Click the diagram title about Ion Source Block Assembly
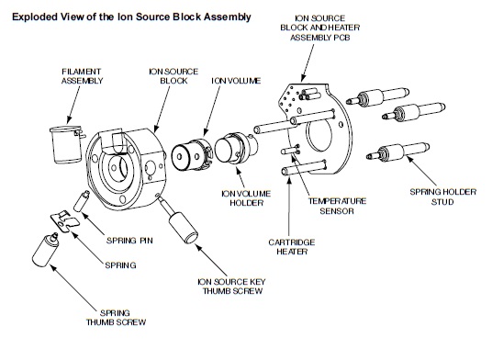pos(131,17)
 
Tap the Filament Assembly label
pos(82,76)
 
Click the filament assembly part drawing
pos(67,144)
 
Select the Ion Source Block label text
pos(173,76)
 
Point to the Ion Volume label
pos(236,81)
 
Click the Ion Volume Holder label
pos(246,198)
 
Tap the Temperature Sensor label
pos(337,206)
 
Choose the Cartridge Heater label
pos(292,247)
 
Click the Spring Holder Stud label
pos(442,197)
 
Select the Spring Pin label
pos(129,241)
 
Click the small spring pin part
pos(82,201)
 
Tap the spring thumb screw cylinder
pos(46,250)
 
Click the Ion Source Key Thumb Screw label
pos(232,287)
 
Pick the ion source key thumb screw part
pos(179,219)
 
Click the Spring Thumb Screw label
pos(116,318)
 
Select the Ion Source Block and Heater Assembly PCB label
pos(319,28)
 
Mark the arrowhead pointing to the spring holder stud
pos(410,159)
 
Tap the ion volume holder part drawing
pos(236,148)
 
